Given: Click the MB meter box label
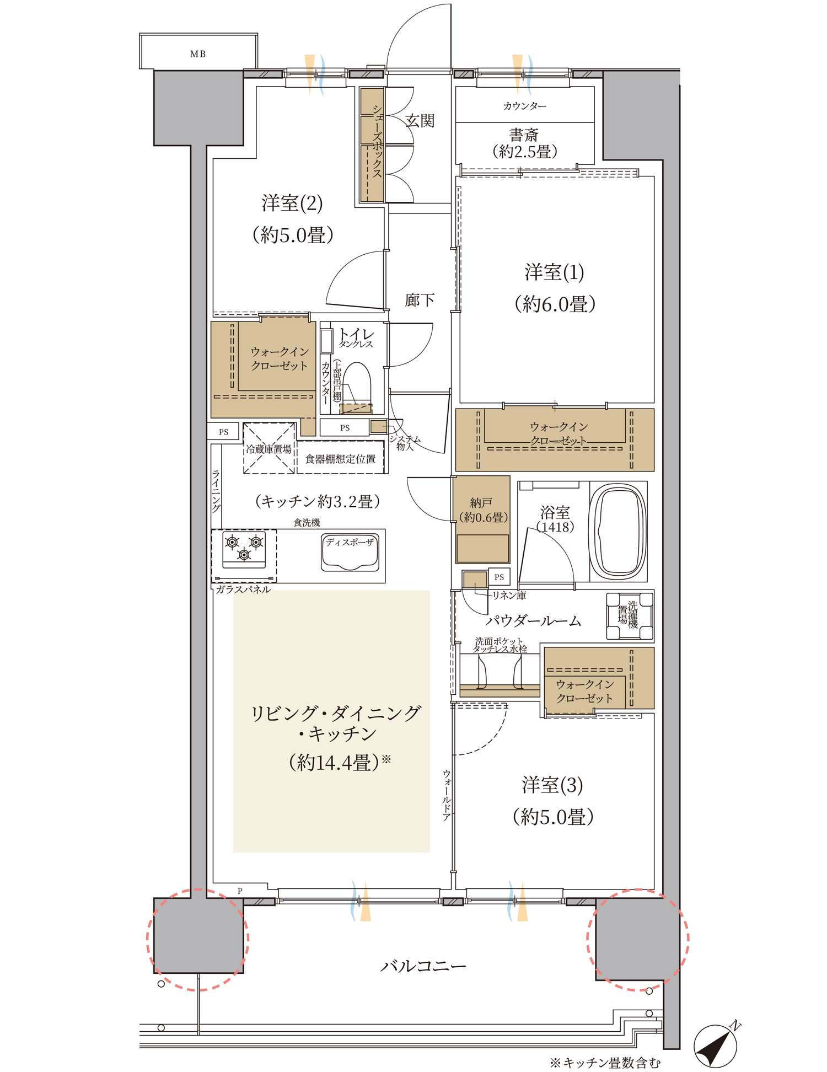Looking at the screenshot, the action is click(198, 54).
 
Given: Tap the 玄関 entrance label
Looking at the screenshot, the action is click(420, 121).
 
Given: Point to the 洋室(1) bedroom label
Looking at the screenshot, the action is click(554, 272).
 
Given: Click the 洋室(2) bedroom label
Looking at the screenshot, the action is click(292, 203).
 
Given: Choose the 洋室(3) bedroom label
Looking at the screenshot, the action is click(552, 785).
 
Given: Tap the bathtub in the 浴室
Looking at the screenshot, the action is click(617, 531).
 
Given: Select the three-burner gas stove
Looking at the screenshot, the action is click(244, 549).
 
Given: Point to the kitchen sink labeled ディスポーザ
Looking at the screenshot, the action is click(350, 553).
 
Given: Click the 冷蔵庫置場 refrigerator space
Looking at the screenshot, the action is click(269, 448).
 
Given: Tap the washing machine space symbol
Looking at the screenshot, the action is click(630, 616).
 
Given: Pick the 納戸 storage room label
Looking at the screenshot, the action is click(482, 503).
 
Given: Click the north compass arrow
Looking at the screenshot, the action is click(716, 1045).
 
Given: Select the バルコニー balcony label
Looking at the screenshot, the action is click(423, 966).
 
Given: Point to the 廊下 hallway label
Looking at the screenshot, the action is click(420, 300).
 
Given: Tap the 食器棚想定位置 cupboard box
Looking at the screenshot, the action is click(341, 458).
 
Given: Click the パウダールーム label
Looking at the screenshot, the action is click(533, 621).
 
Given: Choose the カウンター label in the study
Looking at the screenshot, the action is click(525, 106).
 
